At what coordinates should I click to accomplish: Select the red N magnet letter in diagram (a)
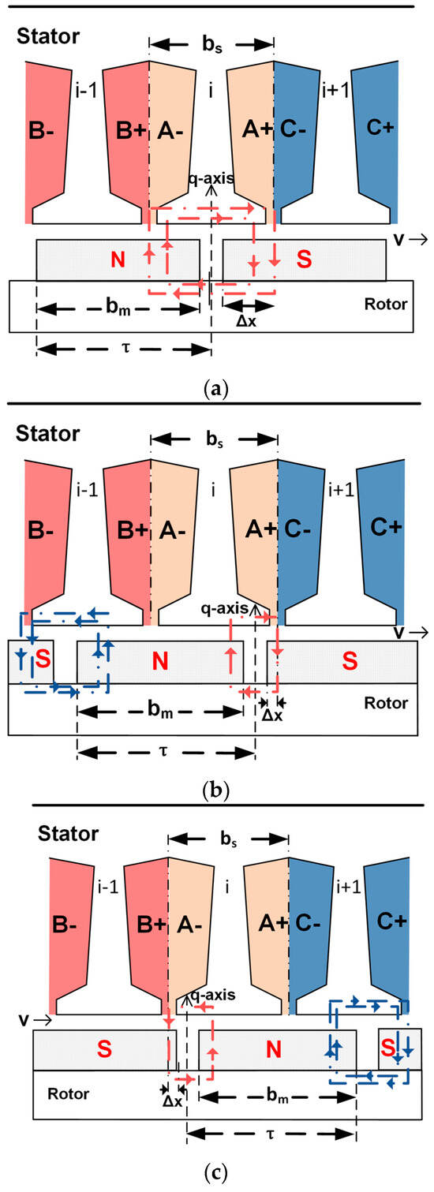tap(116, 260)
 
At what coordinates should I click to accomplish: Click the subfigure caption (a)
tap(215, 388)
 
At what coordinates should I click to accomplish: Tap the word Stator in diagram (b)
tap(46, 434)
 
